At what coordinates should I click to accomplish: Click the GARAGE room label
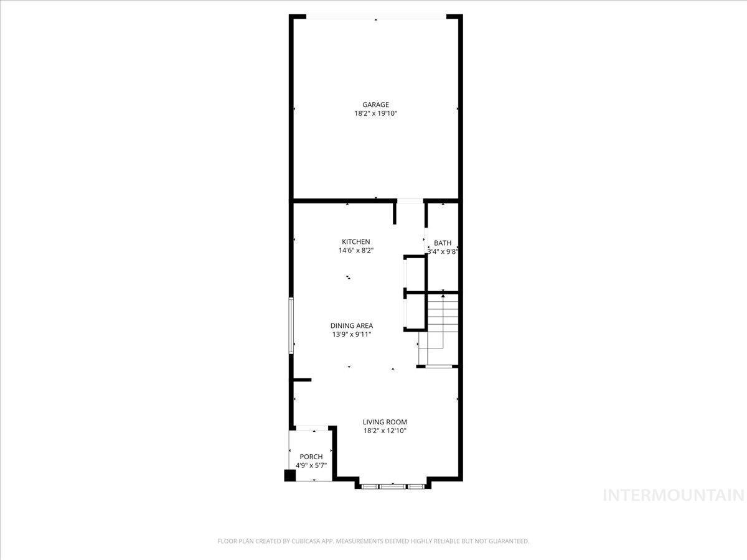coord(375,105)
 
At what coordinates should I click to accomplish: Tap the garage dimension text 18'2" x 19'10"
coord(376,114)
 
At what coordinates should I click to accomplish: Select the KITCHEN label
coord(355,242)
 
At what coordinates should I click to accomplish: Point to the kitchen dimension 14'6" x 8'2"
coord(356,251)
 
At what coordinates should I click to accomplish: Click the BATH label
coord(443,243)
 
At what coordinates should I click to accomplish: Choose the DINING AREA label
coord(352,325)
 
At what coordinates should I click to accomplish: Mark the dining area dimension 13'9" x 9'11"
coord(352,335)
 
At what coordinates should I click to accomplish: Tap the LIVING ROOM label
coord(385,422)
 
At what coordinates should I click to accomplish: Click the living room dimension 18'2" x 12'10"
coord(385,431)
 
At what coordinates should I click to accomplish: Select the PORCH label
coord(311,457)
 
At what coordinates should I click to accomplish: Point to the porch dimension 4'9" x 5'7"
coord(311,465)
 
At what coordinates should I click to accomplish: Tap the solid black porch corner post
coord(290,475)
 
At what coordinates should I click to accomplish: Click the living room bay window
coord(393,487)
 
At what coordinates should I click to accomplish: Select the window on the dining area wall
coord(291,325)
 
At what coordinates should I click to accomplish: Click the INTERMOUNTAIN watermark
coord(674,495)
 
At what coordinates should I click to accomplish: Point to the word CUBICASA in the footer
coord(306,541)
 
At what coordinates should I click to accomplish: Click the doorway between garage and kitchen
coord(410,201)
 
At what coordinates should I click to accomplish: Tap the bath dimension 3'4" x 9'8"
coord(443,252)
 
